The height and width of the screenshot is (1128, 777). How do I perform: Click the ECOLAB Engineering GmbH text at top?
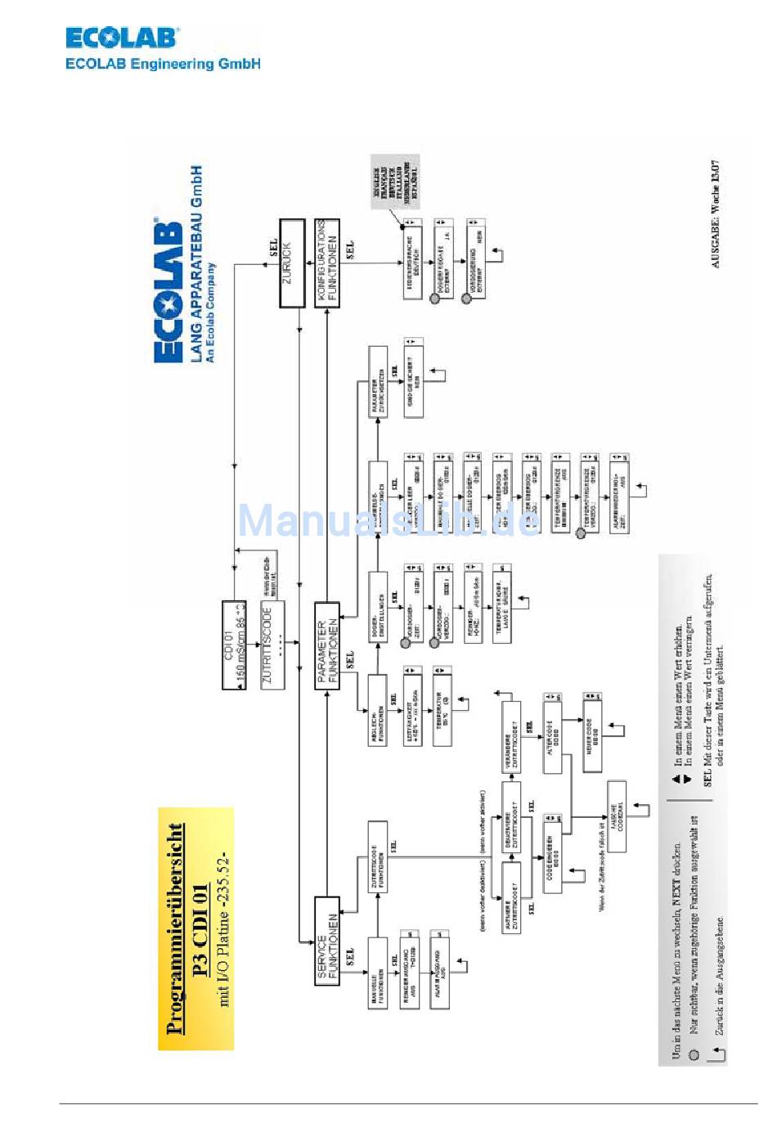pyautogui.click(x=163, y=64)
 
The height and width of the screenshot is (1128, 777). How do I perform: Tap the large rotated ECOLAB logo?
pyautogui.click(x=169, y=290)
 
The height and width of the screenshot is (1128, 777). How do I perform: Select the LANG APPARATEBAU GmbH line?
pyautogui.click(x=196, y=263)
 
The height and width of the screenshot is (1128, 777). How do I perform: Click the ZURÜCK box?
pyautogui.click(x=292, y=263)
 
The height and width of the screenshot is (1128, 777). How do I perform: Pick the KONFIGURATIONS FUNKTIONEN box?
pyautogui.click(x=327, y=263)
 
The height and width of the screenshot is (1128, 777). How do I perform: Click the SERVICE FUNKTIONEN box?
pyautogui.click(x=327, y=941)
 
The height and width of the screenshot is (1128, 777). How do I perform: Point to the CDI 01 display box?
pyautogui.click(x=234, y=645)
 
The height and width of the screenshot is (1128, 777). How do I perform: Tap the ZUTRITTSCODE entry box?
pyautogui.click(x=272, y=645)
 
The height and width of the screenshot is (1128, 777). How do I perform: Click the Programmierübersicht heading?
pyautogui.click(x=173, y=928)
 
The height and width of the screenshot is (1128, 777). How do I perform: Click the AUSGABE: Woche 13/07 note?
pyautogui.click(x=716, y=213)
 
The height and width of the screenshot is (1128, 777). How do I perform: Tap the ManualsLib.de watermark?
pyautogui.click(x=388, y=521)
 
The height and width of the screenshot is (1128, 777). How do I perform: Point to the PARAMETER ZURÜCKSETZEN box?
pyautogui.click(x=377, y=382)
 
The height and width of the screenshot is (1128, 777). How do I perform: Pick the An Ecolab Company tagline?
pyautogui.click(x=210, y=311)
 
